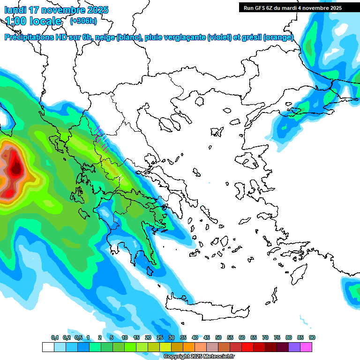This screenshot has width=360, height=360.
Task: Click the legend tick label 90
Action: click(x=312, y=337)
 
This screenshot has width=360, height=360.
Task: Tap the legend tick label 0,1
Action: click(x=55, y=337)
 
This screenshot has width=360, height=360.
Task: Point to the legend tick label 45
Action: click(x=207, y=337)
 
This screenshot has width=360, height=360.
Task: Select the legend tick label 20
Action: click(x=148, y=337)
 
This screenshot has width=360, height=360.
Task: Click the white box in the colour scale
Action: click(x=48, y=347)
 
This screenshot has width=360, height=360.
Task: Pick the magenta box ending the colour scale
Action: click(x=306, y=347)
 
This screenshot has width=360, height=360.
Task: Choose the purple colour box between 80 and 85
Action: click(x=294, y=347)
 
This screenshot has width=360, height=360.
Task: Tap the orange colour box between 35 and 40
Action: click(x=189, y=347)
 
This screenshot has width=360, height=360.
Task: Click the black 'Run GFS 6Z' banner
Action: click(x=292, y=8)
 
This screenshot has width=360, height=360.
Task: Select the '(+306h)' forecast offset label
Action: click(x=83, y=21)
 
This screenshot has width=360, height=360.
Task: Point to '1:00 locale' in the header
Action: click(x=33, y=21)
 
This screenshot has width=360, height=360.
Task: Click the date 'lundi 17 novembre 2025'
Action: click(x=57, y=10)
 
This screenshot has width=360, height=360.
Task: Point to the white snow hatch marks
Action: click(x=120, y=179)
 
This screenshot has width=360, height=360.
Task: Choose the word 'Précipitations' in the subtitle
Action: click(x=29, y=37)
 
